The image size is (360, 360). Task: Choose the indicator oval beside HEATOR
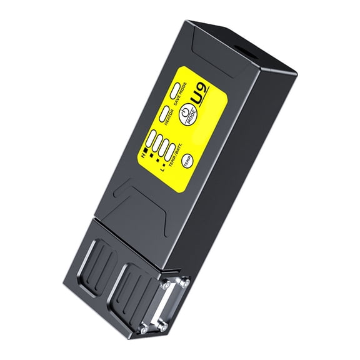164,114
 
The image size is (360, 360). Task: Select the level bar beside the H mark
152,138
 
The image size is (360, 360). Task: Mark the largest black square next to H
147,151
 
